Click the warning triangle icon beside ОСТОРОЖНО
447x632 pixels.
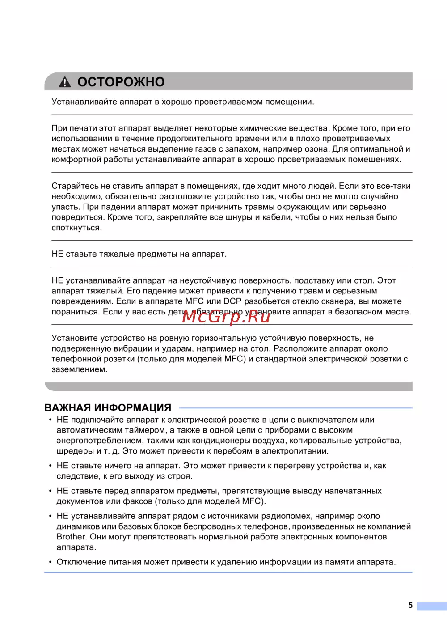click(x=65, y=82)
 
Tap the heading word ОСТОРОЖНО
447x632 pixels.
click(x=121, y=82)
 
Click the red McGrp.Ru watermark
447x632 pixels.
click(x=226, y=316)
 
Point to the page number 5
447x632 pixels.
click(x=410, y=605)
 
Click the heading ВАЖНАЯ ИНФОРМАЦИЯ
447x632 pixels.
click(x=108, y=407)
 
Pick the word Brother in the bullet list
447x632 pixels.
click(x=71, y=537)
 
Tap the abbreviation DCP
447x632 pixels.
click(x=232, y=301)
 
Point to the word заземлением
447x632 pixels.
click(x=79, y=369)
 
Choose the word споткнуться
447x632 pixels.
click(x=76, y=228)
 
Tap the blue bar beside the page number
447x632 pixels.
click(x=431, y=606)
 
